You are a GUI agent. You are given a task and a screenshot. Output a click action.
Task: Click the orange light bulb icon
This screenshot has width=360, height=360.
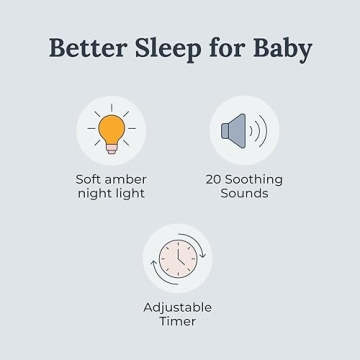coord(112,130)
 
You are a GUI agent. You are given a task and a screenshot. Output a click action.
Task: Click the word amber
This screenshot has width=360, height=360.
coord(127,179)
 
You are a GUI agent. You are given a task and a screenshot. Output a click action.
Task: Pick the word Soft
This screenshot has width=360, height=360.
coord(91,179)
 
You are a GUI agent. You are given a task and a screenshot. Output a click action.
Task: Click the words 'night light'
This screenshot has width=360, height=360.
coord(111,193)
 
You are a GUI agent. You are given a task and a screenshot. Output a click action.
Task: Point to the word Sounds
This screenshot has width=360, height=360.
coord(243,193)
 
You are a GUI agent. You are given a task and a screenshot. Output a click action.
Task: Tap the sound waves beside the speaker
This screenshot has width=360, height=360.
coord(259,131)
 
